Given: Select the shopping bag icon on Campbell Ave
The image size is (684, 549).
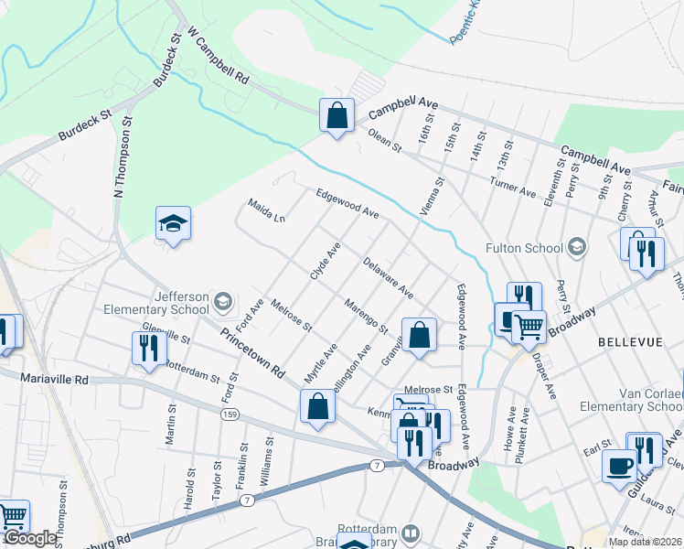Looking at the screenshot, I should (x=337, y=116).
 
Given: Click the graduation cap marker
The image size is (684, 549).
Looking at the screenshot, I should (x=173, y=224).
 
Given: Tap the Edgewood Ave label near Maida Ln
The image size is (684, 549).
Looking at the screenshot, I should (x=347, y=203).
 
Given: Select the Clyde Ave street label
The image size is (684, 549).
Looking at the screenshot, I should (x=326, y=261).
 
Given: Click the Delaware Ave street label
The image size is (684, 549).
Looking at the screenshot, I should (x=388, y=279).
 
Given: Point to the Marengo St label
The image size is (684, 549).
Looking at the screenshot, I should (x=366, y=316).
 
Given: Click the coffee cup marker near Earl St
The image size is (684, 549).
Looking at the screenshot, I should (x=619, y=465).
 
